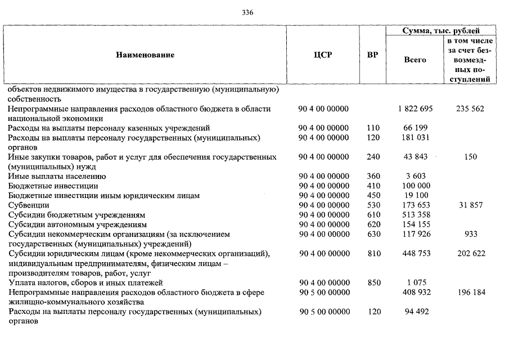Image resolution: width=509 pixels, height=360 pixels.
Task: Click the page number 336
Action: [x=247, y=13]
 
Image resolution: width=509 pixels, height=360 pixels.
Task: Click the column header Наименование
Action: [x=145, y=55]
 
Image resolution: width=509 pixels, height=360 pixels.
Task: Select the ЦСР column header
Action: [x=323, y=55]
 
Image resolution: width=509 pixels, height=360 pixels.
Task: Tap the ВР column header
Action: [x=372, y=55]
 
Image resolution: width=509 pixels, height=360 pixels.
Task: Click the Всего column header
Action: [x=415, y=60]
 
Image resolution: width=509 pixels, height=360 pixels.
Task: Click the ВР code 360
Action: [x=373, y=177]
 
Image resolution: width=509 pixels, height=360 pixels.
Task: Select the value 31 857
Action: [x=470, y=205]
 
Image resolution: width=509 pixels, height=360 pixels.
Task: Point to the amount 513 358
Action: [x=417, y=215]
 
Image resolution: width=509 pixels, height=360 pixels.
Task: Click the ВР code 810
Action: [x=373, y=254]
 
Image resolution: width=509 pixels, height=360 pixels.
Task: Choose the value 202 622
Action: [x=470, y=254]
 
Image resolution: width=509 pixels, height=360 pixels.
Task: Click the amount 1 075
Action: [x=416, y=283]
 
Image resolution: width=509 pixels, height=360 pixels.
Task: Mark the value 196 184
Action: [x=470, y=292]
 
